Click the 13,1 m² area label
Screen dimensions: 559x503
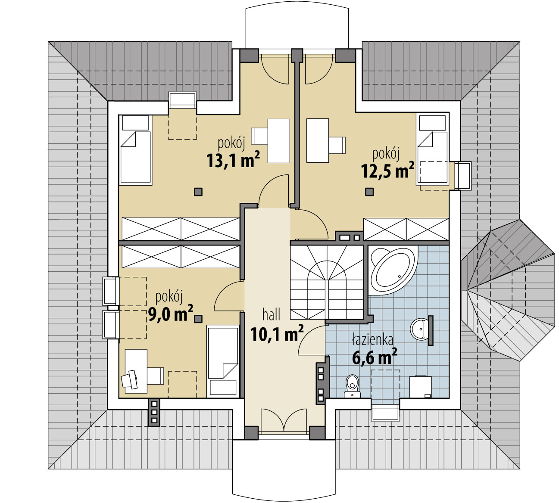[233, 160]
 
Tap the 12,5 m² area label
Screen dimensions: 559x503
[387, 170]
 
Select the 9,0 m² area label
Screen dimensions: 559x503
[170, 314]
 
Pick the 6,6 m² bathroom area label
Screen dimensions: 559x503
[375, 357]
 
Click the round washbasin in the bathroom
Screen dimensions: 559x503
[420, 329]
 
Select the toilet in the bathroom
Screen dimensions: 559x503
[352, 386]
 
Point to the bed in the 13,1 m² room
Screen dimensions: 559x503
[135, 150]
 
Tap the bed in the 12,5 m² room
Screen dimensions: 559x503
[432, 149]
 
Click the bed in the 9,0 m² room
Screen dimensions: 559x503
[223, 361]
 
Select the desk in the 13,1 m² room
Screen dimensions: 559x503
[279, 141]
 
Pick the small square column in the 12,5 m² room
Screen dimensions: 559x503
[369, 192]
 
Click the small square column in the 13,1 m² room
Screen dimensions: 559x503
[198, 192]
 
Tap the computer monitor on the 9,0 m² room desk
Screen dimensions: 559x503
[130, 379]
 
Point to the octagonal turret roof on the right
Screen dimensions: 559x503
[507, 290]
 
